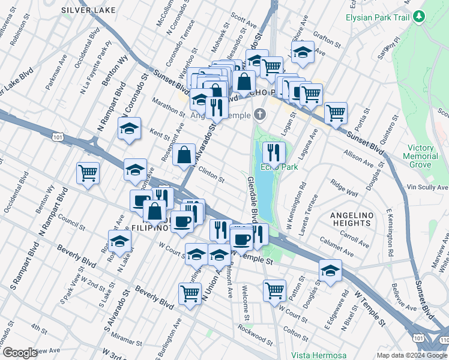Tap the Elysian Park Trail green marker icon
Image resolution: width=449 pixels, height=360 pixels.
click(420, 17)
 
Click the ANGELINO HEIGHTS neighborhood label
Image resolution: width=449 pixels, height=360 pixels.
click(351, 219)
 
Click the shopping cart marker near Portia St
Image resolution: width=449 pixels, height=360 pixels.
click(336, 112)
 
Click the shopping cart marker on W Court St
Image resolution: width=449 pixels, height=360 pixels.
click(274, 290)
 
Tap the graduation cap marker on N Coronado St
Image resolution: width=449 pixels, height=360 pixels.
click(129, 128)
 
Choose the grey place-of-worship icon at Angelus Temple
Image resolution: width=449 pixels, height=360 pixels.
click(259, 114)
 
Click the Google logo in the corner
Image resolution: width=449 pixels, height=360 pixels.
click(20, 353)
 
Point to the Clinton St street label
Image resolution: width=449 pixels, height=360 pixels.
click(211, 175)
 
